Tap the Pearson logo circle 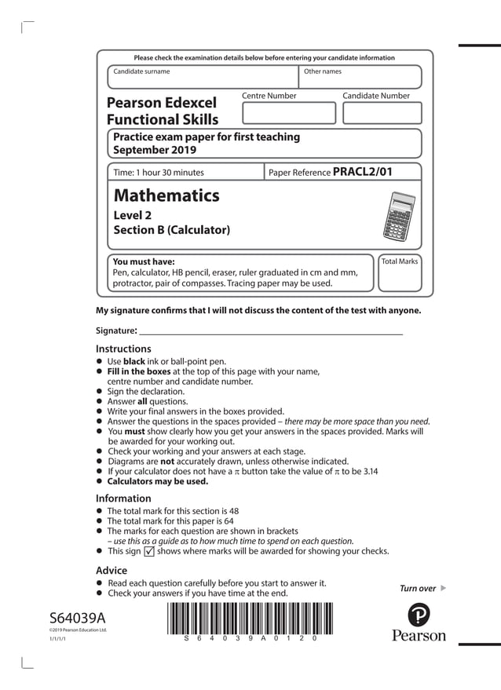click(x=419, y=612)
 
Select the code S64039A click(x=77, y=617)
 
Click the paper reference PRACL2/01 click(x=362, y=172)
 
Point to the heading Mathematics click(x=166, y=195)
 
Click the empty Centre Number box click(x=288, y=113)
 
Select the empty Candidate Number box click(x=382, y=113)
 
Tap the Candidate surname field click(x=203, y=78)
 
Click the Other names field click(x=360, y=78)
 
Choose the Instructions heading click(x=123, y=349)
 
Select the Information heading click(x=123, y=498)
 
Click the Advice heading click(x=111, y=570)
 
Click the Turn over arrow click(x=443, y=588)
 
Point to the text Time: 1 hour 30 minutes click(x=159, y=173)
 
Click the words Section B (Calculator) click(x=172, y=230)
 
